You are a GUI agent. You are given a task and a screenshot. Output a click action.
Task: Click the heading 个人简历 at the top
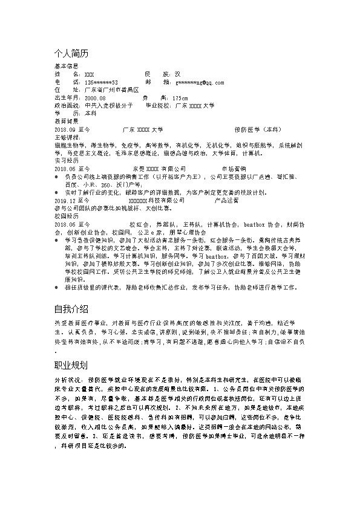pyautogui.click(x=71, y=54)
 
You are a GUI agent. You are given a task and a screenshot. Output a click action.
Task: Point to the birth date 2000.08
pyautogui.click(x=95, y=97)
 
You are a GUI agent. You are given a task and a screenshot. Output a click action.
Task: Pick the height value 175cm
pyautogui.click(x=180, y=97)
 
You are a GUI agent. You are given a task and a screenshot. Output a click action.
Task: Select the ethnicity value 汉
pyautogui.click(x=177, y=74)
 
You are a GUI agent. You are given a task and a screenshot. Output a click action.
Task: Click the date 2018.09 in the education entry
pyautogui.click(x=64, y=129)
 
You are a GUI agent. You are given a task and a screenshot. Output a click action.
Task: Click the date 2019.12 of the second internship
pyautogui.click(x=64, y=199)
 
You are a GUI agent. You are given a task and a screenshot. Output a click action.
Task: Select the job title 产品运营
pyautogui.click(x=226, y=199)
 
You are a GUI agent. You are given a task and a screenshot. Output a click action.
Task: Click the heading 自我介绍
pyautogui.click(x=71, y=308)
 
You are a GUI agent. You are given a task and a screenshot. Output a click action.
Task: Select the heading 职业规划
pyautogui.click(x=71, y=366)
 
